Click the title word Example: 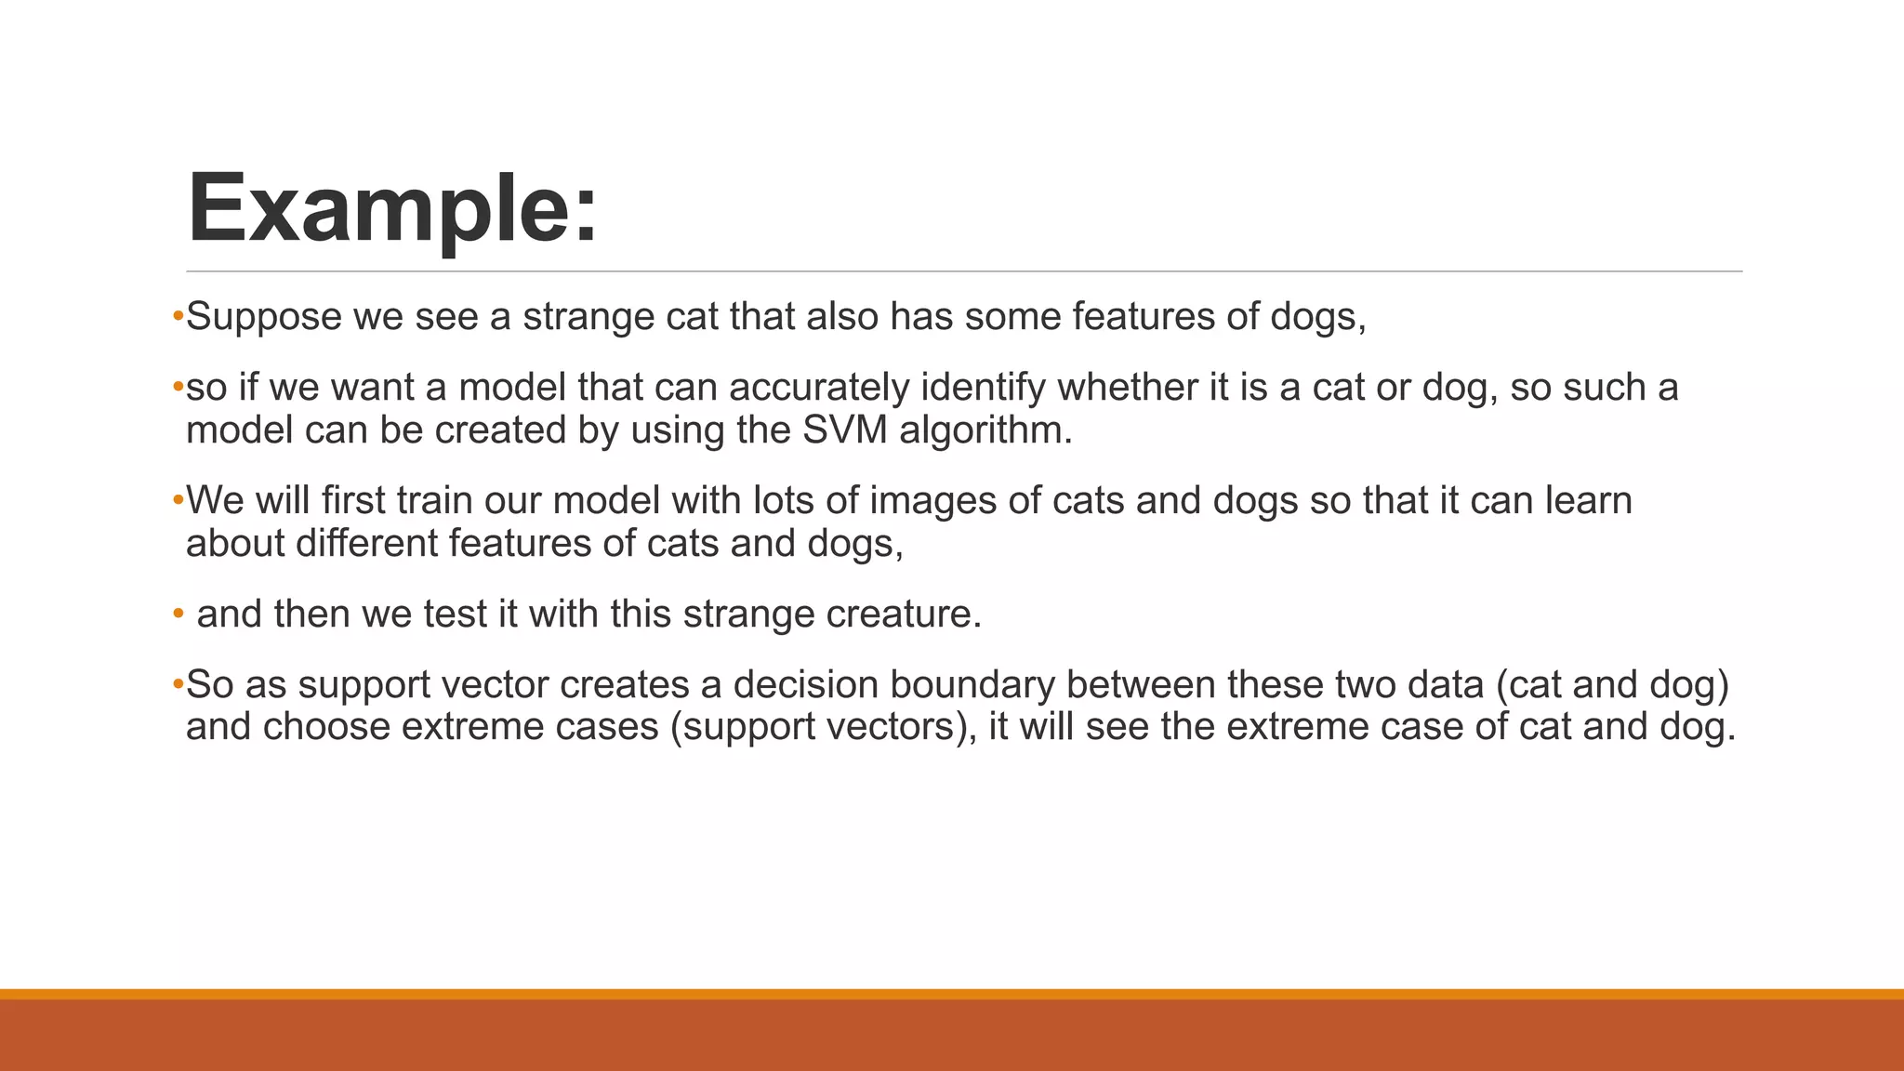point(391,208)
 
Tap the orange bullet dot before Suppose point(178,316)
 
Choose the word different point(366,544)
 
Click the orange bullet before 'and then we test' point(178,614)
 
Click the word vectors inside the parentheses point(893,727)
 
